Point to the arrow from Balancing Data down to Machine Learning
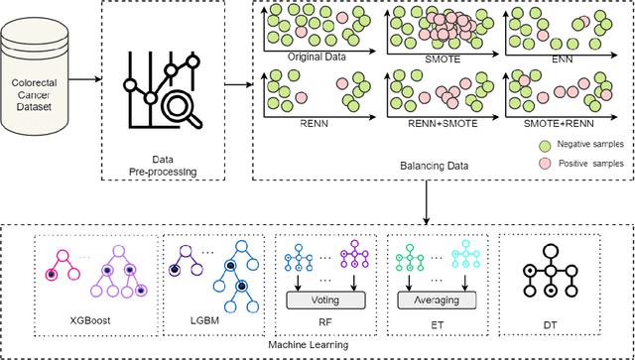[x=426, y=201]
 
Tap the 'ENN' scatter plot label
[x=562, y=58]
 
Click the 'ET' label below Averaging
[x=438, y=323]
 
